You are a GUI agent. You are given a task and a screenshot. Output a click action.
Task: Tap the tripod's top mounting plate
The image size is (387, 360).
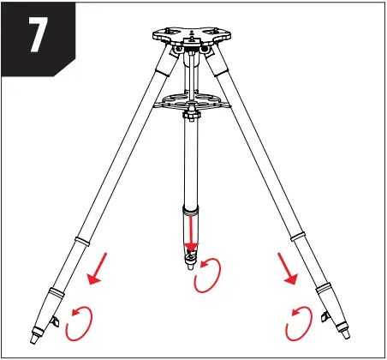click(x=192, y=37)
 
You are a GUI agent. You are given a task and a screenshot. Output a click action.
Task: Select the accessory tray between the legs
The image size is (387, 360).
click(x=192, y=101)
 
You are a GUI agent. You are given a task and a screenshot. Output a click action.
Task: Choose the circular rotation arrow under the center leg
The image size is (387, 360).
click(x=208, y=277)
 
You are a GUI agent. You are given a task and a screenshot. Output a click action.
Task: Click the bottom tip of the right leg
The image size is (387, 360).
click(x=346, y=333)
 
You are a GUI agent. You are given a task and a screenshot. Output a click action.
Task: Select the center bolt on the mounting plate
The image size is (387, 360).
click(x=192, y=34)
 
